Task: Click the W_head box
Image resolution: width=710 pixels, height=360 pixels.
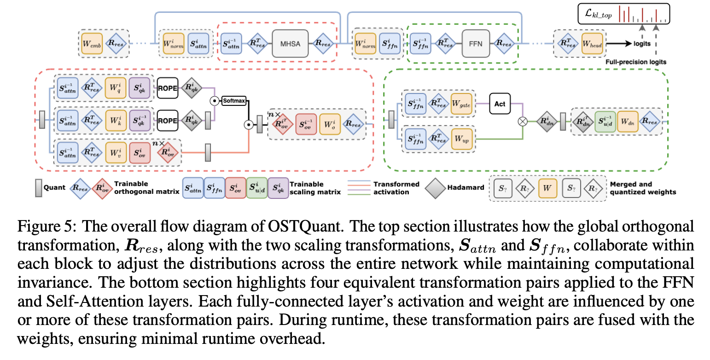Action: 592,44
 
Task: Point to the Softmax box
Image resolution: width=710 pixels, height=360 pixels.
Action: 234,100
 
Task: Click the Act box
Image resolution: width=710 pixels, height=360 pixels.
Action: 500,104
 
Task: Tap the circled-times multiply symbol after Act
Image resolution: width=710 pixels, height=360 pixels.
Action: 523,122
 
